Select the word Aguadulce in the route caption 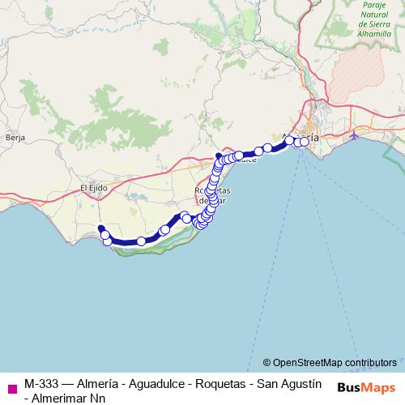pyautogui.click(x=150, y=383)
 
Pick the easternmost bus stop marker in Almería pyautogui.click(x=305, y=142)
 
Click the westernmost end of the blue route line pyautogui.click(x=100, y=228)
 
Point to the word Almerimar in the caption pyautogui.click(x=63, y=397)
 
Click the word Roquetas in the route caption pyautogui.click(x=217, y=383)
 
